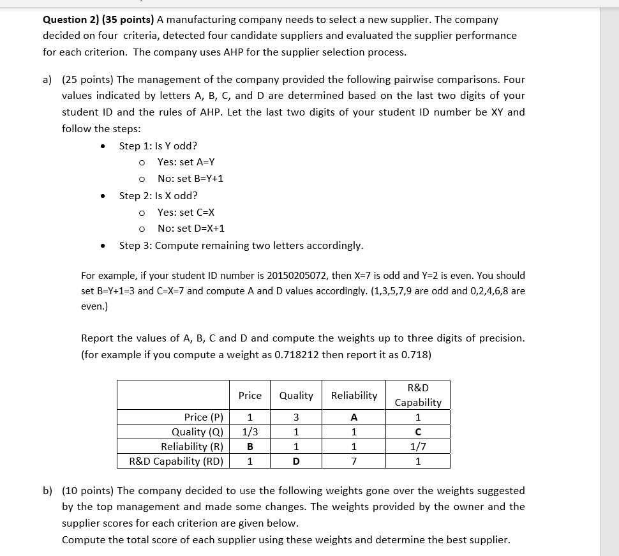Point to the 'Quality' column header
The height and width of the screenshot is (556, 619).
pyautogui.click(x=296, y=396)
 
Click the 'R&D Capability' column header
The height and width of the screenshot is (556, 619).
pyautogui.click(x=418, y=395)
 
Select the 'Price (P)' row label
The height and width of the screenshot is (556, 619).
pyautogui.click(x=204, y=417)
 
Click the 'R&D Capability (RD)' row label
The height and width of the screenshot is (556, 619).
pyautogui.click(x=176, y=462)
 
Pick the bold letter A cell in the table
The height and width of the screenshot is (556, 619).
pyautogui.click(x=354, y=417)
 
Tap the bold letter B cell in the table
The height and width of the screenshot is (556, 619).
pyautogui.click(x=250, y=447)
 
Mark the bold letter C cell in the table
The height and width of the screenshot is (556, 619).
pyautogui.click(x=418, y=432)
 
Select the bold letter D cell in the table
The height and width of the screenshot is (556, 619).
pyautogui.click(x=296, y=462)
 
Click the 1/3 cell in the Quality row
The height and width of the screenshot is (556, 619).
pyautogui.click(x=250, y=432)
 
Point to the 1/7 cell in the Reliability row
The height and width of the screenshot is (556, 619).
pyautogui.click(x=418, y=447)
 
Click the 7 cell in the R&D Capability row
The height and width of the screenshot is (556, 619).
pyautogui.click(x=354, y=462)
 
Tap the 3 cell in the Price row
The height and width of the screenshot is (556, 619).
pyautogui.click(x=296, y=417)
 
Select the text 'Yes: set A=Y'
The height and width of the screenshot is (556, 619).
pyautogui.click(x=186, y=162)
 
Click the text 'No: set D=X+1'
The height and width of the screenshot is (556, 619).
pyautogui.click(x=191, y=229)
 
